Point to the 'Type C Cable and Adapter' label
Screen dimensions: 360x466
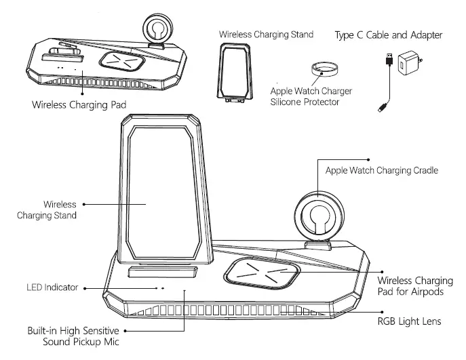pos(389,35)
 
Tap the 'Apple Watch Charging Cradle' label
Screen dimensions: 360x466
pos(382,170)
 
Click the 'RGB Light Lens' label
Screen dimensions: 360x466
pos(410,321)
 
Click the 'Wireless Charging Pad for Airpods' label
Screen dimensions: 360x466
pos(415,286)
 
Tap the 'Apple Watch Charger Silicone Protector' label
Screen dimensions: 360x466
pos(311,96)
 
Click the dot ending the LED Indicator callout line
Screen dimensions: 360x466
pos(85,287)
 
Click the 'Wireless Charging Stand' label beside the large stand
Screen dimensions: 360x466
pos(60,209)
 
